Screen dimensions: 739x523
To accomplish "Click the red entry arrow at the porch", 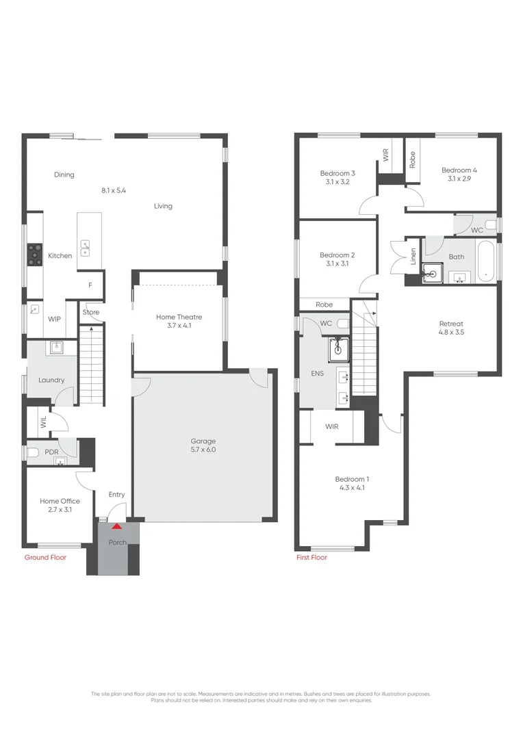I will [116, 526].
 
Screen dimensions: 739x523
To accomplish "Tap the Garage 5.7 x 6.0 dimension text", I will [203, 450].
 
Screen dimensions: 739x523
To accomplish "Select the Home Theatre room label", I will [179, 317].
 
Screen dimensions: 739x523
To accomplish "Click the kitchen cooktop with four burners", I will [34, 255].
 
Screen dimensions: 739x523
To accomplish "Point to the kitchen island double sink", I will [86, 245].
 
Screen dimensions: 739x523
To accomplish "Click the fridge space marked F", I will [90, 285].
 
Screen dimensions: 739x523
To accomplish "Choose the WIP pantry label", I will [55, 319].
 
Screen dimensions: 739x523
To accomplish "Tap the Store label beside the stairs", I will [91, 313].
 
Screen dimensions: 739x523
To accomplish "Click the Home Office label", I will [60, 502].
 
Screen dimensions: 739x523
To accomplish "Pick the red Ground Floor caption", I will [45, 558].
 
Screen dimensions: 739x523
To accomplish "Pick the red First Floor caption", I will [311, 558].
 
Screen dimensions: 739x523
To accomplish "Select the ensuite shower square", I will [337, 348].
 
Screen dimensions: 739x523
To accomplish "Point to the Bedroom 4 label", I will [459, 170].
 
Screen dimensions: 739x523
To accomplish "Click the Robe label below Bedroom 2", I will [324, 305].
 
